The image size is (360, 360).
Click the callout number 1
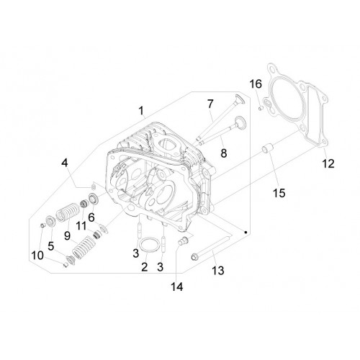[x=141, y=111]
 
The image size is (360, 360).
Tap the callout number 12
[x=328, y=163]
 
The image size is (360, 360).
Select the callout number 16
[x=256, y=84]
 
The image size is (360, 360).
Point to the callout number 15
[x=279, y=193]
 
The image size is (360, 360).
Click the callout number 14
[x=177, y=287]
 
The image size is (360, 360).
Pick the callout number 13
[x=218, y=271]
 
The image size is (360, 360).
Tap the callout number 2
[x=144, y=267]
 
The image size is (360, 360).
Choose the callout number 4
[x=65, y=163]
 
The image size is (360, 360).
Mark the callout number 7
[x=210, y=104]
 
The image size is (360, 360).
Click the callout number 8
[x=224, y=153]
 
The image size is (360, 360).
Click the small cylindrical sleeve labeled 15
[x=267, y=149]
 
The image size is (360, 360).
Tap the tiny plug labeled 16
[x=261, y=109]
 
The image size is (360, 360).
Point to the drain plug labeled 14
[x=183, y=240]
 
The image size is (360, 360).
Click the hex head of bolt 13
[x=194, y=257]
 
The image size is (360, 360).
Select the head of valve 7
[x=240, y=99]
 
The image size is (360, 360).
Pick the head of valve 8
[x=240, y=122]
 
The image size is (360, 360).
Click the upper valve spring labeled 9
[x=68, y=212]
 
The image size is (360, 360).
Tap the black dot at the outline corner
[x=246, y=233]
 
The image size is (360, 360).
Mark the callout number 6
[x=91, y=217]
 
